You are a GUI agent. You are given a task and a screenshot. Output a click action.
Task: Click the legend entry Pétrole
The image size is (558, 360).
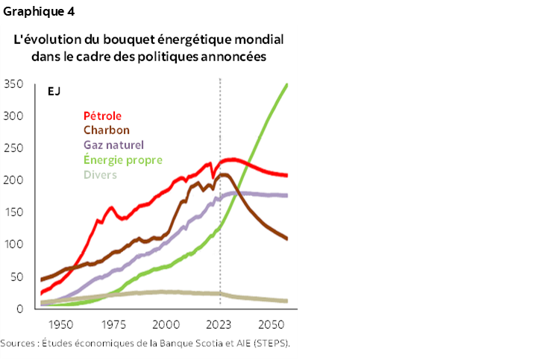(x=102, y=116)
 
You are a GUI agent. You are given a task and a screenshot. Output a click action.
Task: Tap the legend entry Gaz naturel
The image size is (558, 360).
(x=113, y=145)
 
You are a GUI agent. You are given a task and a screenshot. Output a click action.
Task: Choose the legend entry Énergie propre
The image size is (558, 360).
(x=122, y=160)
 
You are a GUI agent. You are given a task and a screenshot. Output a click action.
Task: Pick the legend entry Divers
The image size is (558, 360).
(x=100, y=174)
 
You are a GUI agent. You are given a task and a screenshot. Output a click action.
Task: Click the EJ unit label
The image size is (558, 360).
(x=54, y=92)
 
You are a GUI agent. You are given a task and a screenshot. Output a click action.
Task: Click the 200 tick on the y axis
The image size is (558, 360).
(x=13, y=180)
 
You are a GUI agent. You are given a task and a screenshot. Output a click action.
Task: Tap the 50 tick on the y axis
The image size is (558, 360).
(x=16, y=277)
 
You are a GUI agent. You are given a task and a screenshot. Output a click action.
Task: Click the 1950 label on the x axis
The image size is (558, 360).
(x=61, y=326)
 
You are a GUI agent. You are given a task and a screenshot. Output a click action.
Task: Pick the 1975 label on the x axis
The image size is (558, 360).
(x=113, y=326)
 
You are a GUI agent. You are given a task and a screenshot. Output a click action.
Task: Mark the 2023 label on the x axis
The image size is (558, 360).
(x=219, y=326)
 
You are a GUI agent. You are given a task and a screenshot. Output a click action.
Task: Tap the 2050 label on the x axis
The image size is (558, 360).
(x=270, y=326)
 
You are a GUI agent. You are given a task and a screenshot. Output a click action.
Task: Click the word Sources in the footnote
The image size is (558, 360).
(x=19, y=344)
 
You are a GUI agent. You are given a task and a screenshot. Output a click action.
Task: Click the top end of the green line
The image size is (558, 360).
(x=287, y=84)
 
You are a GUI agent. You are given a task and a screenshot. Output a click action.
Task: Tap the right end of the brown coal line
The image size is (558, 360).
(x=287, y=239)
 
